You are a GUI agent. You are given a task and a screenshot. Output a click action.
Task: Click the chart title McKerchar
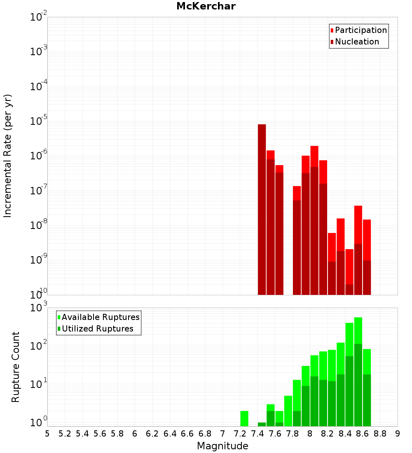point(206,6)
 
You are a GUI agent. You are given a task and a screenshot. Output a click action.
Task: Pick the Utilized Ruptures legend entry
point(97,329)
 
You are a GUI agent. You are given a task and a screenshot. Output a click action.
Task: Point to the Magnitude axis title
point(222,446)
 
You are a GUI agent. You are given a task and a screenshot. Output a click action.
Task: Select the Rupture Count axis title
point(16,367)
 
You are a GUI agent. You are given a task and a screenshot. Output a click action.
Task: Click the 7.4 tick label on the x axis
point(257,433)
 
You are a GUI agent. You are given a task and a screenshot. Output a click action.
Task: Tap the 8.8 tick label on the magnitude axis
point(380,433)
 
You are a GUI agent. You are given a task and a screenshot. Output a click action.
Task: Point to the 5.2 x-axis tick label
point(65,433)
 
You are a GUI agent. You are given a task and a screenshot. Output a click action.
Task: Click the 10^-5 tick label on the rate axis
point(39,121)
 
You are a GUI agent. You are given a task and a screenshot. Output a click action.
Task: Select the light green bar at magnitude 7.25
point(244,418)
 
